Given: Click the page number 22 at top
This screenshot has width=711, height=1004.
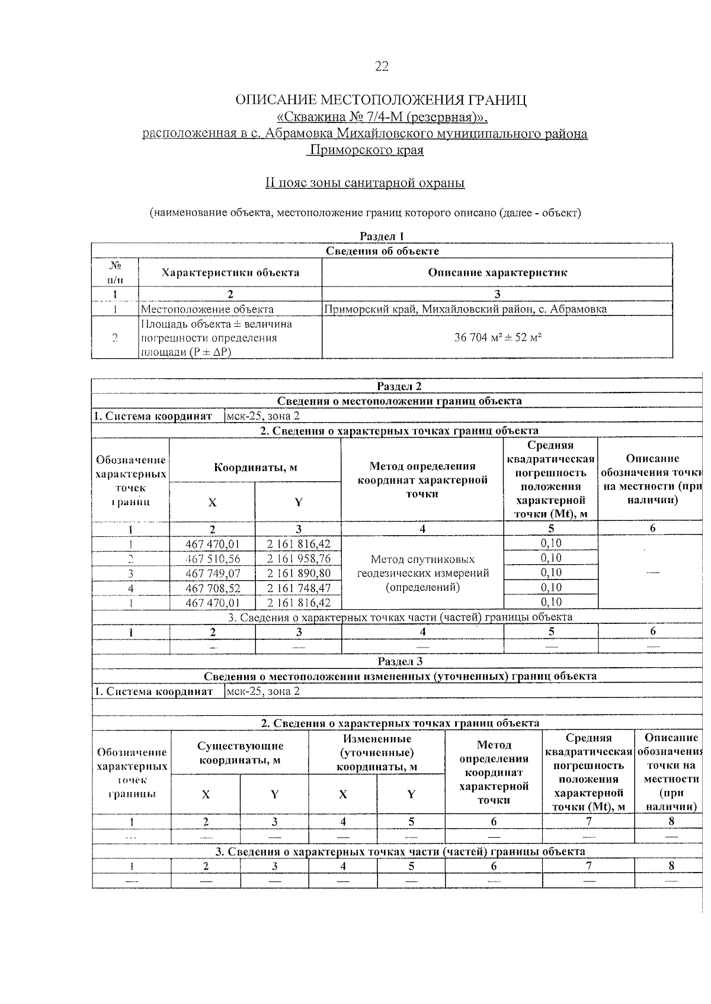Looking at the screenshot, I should pos(382,66).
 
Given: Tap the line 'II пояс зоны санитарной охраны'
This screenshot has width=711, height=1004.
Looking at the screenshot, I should pos(365,183).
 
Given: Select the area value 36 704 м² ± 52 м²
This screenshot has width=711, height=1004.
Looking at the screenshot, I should pos(498,337).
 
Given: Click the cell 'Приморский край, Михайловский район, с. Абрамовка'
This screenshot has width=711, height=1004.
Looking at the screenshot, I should pos(466,309).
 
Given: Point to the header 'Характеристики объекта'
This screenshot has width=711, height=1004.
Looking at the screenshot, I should pos(230,273).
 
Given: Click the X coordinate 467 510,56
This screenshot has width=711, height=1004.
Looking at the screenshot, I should pos(213,559).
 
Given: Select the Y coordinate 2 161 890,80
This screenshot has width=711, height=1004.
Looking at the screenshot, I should pos(298,574).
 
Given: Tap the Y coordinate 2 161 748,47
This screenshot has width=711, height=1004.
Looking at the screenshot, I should pos(298,588).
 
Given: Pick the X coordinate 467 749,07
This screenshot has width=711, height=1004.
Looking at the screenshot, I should pos(213,574).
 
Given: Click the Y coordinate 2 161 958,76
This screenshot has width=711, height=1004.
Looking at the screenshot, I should pos(298,559).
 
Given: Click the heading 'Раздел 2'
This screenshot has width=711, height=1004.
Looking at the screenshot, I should pos(399,387).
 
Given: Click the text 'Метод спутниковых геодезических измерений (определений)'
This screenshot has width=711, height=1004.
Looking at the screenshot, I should pos(422,573).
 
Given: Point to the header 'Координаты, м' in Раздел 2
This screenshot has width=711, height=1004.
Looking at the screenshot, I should pos(255,468).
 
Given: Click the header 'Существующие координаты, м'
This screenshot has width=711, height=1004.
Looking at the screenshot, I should pos(240,753).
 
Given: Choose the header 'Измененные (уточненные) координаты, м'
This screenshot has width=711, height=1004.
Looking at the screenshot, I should pos(377,753).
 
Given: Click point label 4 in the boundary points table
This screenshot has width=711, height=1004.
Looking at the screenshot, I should pos(131,588).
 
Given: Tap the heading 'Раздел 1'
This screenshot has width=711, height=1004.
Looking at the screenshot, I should pos(382,236).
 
